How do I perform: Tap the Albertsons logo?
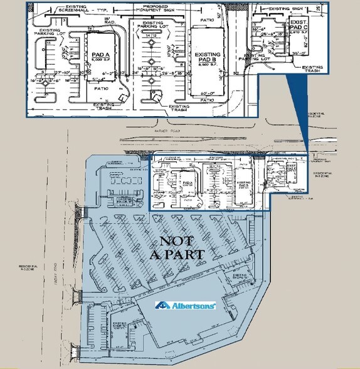point(186,306)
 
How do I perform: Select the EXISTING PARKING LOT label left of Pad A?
point(50,33)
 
